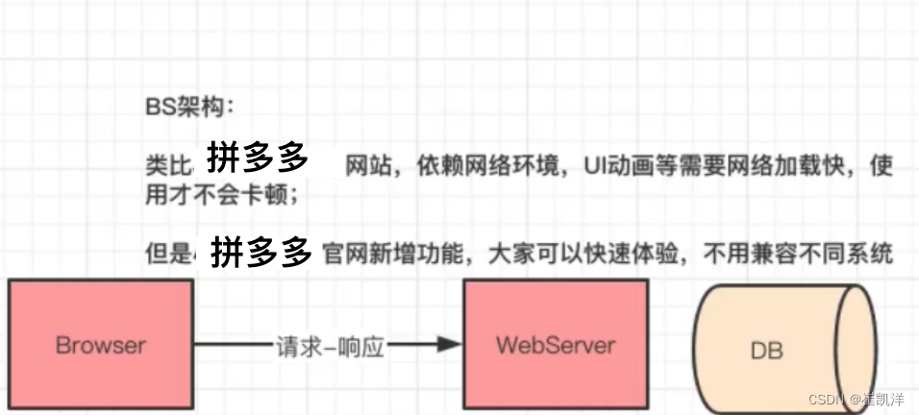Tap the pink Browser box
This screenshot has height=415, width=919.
101,342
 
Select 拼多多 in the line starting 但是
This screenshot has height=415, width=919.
262,253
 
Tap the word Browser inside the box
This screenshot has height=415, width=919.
101,344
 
